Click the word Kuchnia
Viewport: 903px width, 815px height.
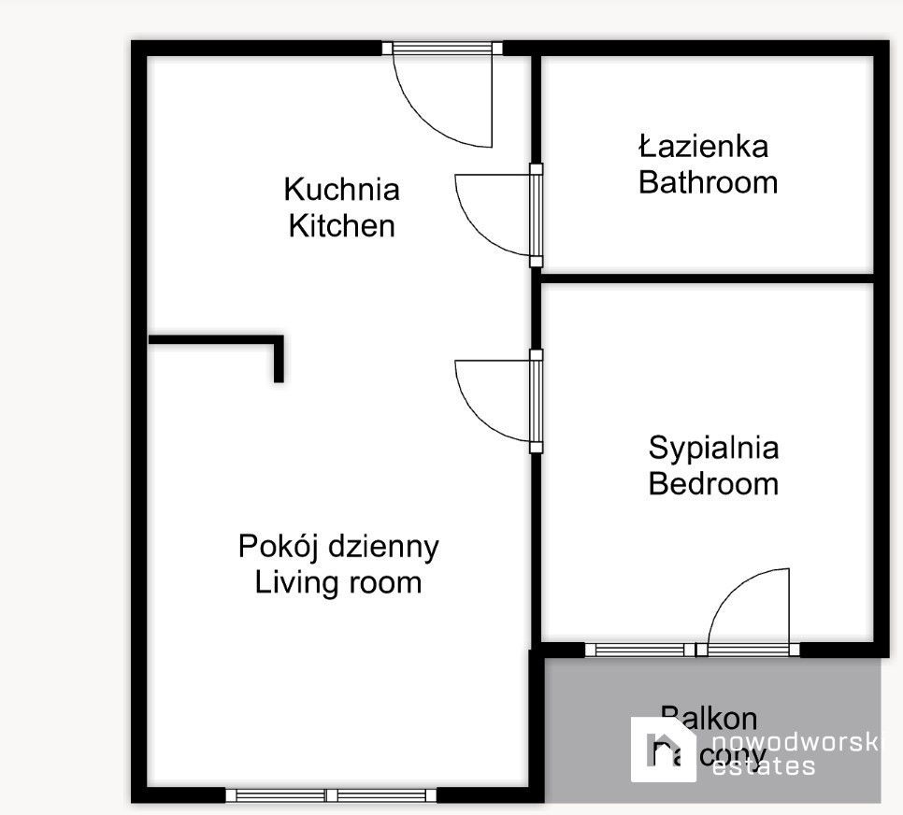(x=341, y=190)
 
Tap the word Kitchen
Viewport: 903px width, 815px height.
(x=341, y=226)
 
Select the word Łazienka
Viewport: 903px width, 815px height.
(x=704, y=146)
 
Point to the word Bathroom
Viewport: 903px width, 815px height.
(x=708, y=182)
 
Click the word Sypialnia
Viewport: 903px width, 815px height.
(x=713, y=448)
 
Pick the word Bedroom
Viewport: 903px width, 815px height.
(x=713, y=484)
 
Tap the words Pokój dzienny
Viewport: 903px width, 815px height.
(x=338, y=547)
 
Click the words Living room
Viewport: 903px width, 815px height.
(x=338, y=583)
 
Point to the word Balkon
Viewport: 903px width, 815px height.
(x=709, y=718)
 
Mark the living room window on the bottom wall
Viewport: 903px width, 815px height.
(x=332, y=795)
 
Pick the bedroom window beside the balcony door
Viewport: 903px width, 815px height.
(x=639, y=650)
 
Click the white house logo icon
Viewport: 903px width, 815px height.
(x=663, y=749)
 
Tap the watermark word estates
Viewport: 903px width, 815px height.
(x=763, y=766)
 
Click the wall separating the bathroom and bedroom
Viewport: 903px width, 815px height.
(x=707, y=278)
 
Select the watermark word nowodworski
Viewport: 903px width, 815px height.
(x=795, y=741)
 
